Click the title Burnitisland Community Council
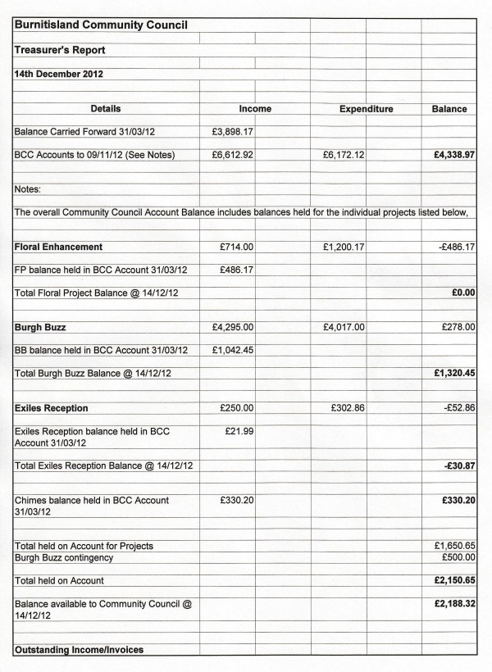tap(101, 25)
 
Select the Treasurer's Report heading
tap(60, 50)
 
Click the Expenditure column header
tap(366, 109)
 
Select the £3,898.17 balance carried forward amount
tap(232, 131)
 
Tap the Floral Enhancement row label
tap(58, 247)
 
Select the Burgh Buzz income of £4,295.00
tap(232, 328)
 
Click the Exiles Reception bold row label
tap(52, 408)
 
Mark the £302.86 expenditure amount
tap(348, 408)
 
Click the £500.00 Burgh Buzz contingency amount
tap(457, 557)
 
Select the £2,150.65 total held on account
tap(454, 581)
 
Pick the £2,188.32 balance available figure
tap(454, 604)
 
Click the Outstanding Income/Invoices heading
tap(79, 650)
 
